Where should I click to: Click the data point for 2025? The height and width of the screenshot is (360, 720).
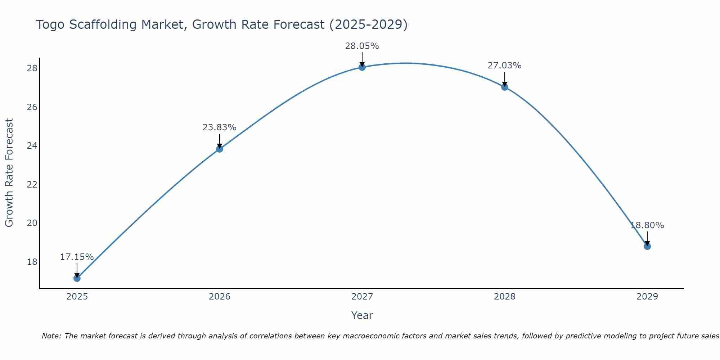pos(77,278)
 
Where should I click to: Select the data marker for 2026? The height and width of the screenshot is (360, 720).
pos(220,149)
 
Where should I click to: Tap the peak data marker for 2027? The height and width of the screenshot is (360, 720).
pos(362,67)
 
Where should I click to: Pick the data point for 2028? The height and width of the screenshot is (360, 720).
pos(505,87)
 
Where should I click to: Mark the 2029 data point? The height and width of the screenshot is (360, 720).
pos(647,246)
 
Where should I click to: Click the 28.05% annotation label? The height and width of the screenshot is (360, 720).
pos(362,46)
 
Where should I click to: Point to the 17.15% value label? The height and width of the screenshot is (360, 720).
pos(77,257)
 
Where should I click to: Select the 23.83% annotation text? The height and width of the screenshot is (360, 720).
pos(219,127)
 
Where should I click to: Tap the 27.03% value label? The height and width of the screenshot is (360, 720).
pos(504,66)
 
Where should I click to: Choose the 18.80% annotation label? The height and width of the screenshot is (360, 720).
pos(647,225)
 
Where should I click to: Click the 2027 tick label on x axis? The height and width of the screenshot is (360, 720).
pos(362,297)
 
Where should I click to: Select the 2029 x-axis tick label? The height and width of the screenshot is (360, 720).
pos(647,297)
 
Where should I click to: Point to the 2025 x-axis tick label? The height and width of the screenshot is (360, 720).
pos(77,297)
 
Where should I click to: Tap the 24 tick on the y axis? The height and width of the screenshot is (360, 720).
pos(32,146)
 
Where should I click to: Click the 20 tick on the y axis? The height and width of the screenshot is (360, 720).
pos(32,223)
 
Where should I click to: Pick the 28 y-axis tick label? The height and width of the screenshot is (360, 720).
pos(32,68)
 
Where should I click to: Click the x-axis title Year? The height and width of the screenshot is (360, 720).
pos(362,315)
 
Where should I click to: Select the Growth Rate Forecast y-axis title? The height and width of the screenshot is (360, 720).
pos(9,173)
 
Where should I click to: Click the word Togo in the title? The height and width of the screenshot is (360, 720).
pos(50,25)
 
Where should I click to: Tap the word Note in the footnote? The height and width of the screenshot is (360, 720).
pos(51,336)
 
